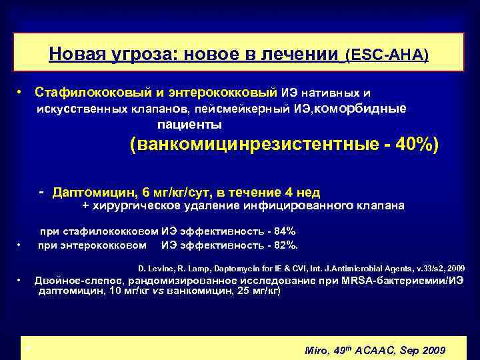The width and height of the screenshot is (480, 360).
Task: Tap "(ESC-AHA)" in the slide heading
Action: point(387,54)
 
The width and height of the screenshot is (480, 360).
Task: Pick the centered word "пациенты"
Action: point(190,125)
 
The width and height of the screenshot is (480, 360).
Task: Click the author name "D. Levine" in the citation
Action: point(155,268)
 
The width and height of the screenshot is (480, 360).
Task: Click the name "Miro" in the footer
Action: point(317,351)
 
